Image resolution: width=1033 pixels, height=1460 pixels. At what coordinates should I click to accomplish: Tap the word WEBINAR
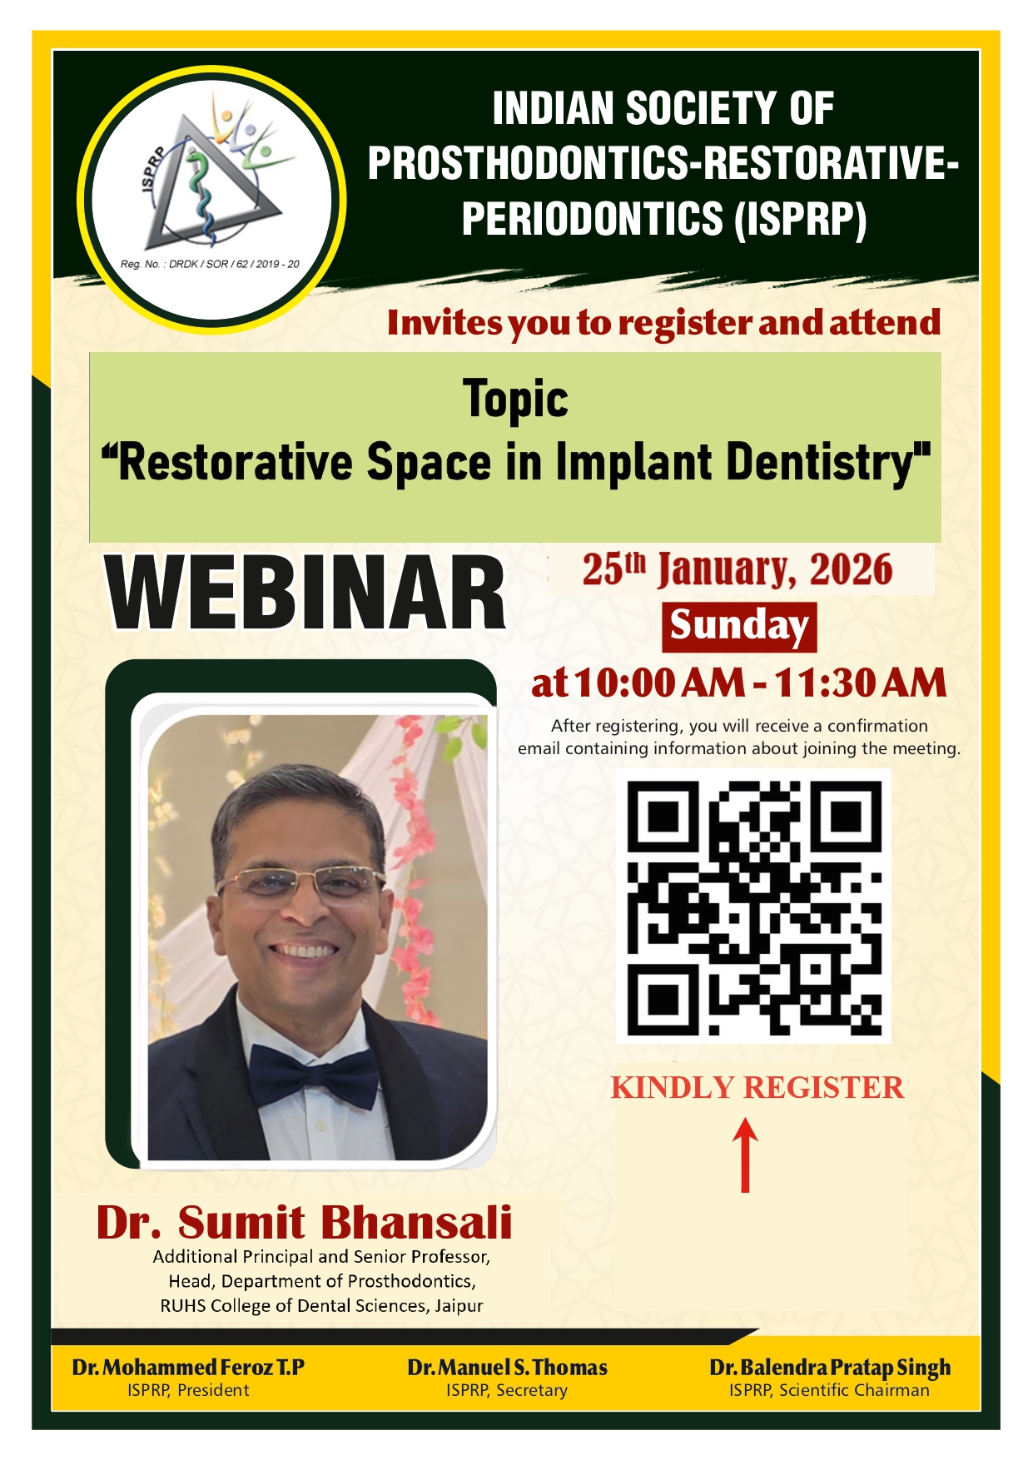click(305, 594)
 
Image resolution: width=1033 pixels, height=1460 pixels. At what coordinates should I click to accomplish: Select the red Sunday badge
click(739, 627)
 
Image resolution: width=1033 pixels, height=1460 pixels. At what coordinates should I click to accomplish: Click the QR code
click(754, 906)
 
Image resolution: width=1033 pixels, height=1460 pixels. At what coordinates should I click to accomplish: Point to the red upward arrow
click(745, 1155)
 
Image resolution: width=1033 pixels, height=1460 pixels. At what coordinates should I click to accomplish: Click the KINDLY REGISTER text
click(757, 1088)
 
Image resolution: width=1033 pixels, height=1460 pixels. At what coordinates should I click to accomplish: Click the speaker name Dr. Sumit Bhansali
click(304, 1222)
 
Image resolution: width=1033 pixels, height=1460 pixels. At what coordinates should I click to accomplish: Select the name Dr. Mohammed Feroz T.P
click(188, 1368)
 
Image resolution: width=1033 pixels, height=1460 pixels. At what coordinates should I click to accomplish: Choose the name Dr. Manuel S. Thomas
click(507, 1368)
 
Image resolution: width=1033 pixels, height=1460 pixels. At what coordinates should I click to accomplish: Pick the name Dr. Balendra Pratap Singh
click(830, 1368)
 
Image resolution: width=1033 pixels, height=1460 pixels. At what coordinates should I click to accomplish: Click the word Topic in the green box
click(515, 400)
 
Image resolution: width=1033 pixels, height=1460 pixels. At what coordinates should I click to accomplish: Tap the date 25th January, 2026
click(738, 570)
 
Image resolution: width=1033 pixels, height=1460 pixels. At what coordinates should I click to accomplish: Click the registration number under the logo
click(210, 264)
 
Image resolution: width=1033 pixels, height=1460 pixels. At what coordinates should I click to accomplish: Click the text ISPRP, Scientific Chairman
click(829, 1390)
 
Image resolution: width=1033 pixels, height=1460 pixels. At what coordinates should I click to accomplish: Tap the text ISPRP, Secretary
click(507, 1390)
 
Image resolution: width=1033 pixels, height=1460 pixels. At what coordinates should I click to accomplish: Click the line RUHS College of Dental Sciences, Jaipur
click(321, 1305)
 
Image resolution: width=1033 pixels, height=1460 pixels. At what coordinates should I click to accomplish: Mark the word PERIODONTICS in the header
click(592, 219)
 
